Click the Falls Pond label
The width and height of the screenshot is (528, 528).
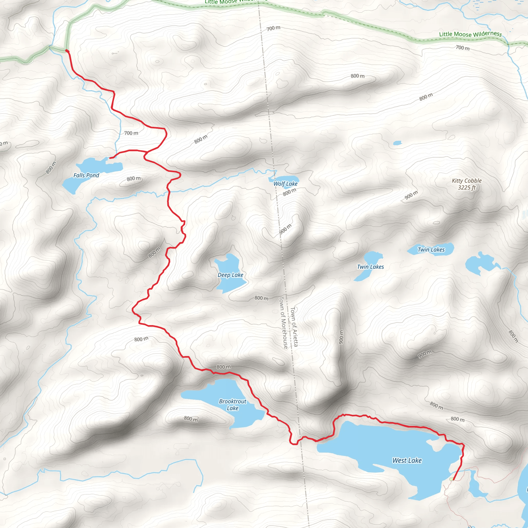[86, 176]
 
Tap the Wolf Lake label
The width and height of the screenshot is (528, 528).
[285, 184]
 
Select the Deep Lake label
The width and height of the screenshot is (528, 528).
[230, 275]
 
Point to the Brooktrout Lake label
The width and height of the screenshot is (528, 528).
[233, 405]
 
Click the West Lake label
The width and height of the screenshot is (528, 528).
[407, 460]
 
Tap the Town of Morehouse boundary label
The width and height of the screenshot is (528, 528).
[283, 323]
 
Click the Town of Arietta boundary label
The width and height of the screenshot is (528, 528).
[294, 327]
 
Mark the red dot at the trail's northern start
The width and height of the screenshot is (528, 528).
[67, 51]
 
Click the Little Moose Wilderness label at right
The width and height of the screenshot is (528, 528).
[470, 34]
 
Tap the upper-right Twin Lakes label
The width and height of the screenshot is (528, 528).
[431, 250]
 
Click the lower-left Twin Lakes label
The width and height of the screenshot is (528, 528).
[370, 267]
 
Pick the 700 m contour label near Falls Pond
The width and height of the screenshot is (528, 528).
[131, 133]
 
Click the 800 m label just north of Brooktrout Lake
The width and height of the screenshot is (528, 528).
[224, 367]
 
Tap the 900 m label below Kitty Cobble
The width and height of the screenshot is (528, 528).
[411, 195]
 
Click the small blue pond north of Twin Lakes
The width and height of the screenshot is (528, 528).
[397, 143]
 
